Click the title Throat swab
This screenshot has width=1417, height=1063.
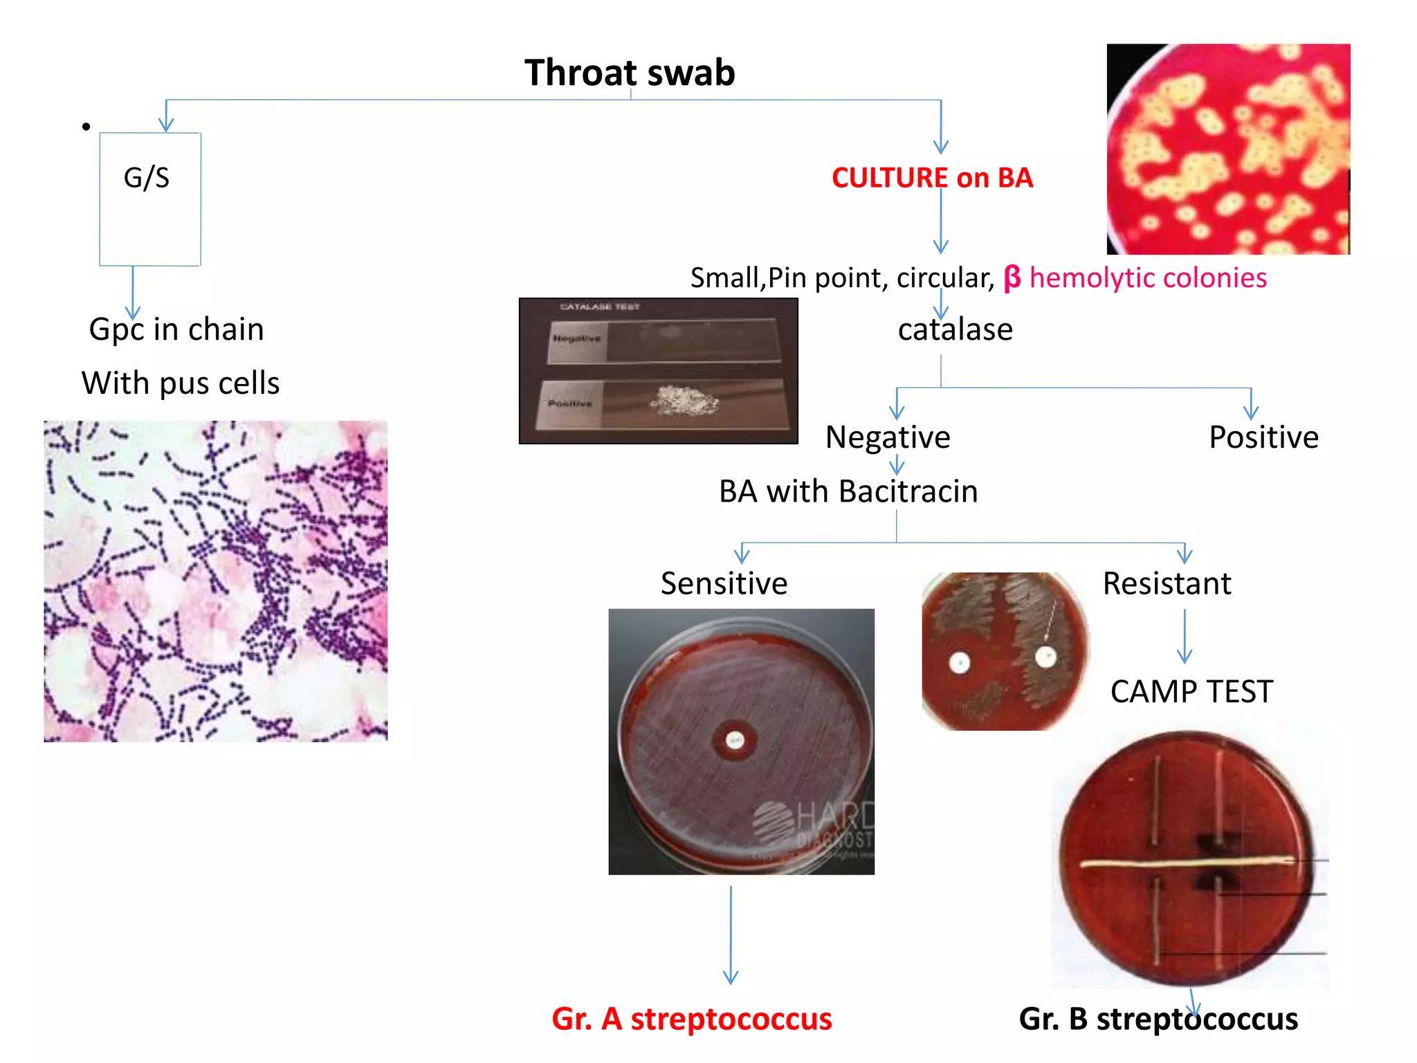click(629, 73)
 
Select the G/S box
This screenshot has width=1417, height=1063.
click(150, 199)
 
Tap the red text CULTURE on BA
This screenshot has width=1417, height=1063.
click(932, 178)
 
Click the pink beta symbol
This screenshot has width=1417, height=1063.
click(1012, 278)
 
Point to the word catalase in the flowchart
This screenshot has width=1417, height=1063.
click(955, 329)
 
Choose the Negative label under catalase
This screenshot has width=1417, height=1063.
click(888, 437)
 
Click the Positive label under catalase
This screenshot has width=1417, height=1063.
click(1263, 437)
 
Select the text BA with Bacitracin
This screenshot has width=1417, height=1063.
click(848, 491)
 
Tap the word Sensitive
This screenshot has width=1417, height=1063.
click(724, 583)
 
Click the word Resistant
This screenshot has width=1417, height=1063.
click(1167, 583)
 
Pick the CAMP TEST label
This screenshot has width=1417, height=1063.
click(1191, 691)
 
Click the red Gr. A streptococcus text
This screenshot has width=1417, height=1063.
click(692, 1019)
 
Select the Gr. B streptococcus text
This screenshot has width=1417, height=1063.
click(1158, 1019)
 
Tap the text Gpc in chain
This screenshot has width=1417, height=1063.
click(176, 329)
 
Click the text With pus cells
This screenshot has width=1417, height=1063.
click(181, 383)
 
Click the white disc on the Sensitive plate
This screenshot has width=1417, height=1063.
click(735, 741)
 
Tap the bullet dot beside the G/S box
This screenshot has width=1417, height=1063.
click(86, 127)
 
